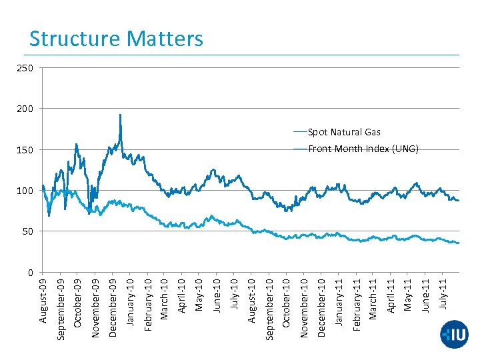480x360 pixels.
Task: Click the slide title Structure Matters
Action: [x=116, y=39]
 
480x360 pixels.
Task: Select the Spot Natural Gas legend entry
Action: [x=344, y=133]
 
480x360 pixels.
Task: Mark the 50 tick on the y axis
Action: [x=30, y=231]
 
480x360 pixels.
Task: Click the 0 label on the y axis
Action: [x=32, y=273]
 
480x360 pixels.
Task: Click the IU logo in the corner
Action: [x=454, y=334]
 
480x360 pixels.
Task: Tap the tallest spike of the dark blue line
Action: [x=120, y=115]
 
